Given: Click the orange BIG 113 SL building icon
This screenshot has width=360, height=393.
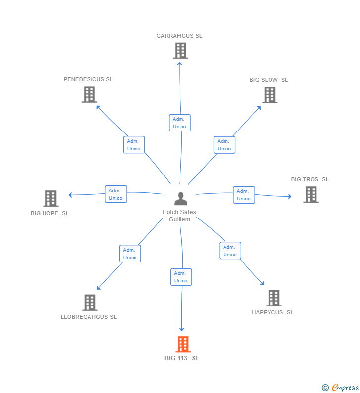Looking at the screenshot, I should [x=183, y=344].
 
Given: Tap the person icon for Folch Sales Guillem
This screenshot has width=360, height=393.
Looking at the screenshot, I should [x=181, y=199].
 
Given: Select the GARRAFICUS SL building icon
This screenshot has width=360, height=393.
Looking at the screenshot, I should [x=180, y=50].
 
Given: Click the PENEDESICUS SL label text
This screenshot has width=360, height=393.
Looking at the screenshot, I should [x=88, y=79].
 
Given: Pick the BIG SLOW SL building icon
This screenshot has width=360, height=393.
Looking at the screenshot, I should [x=270, y=95].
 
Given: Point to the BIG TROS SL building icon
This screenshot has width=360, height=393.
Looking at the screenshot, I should [x=311, y=195].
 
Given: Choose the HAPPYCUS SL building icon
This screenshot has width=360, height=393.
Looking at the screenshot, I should [x=274, y=298].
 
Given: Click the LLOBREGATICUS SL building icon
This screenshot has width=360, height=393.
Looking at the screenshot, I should [x=90, y=303].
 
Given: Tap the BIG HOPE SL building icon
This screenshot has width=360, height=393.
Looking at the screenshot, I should [x=51, y=198].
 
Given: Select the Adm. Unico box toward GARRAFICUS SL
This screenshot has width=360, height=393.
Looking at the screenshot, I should [x=180, y=123].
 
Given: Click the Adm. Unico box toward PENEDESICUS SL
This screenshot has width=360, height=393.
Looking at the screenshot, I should [x=134, y=145].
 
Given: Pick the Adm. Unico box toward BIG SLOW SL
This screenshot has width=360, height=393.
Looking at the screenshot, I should [x=224, y=145].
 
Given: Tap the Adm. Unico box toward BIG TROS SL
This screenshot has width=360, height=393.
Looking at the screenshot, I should [x=244, y=195].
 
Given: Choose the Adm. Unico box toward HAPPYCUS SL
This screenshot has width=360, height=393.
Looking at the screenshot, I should [x=230, y=251].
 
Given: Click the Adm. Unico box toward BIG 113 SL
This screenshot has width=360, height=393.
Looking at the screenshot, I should [x=180, y=277].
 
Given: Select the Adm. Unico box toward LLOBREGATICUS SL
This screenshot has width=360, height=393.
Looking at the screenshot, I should [x=130, y=254].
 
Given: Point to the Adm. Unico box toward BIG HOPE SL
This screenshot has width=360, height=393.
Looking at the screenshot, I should [x=116, y=194].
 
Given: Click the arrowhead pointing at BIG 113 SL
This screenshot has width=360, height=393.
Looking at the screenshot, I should [x=181, y=329].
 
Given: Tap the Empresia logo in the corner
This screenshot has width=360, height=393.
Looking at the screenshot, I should [x=341, y=388].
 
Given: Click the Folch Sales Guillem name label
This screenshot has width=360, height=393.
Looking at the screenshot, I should [x=180, y=216].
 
